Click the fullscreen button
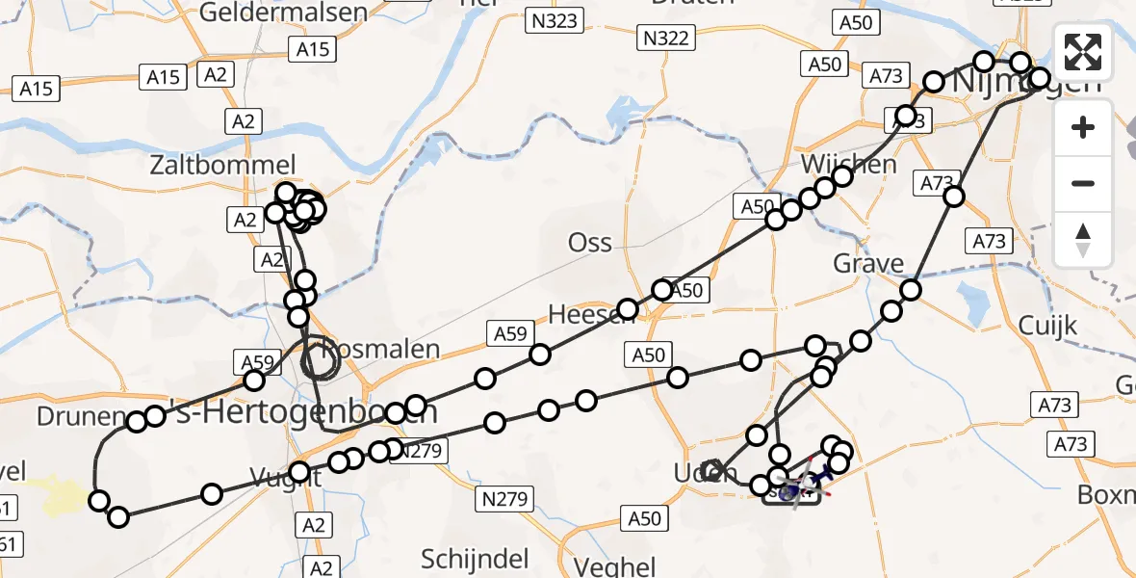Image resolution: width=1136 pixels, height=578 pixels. pyautogui.click(x=1084, y=52)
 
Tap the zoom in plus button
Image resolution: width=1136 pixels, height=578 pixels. pyautogui.click(x=1084, y=127)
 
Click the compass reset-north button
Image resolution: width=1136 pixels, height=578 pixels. pyautogui.click(x=1084, y=240)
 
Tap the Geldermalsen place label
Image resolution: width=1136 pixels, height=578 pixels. pyautogui.click(x=271, y=13)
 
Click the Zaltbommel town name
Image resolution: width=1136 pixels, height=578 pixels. pyautogui.click(x=222, y=165)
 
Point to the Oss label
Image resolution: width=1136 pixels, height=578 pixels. pyautogui.click(x=590, y=242)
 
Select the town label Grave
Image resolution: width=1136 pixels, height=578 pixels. pyautogui.click(x=868, y=264)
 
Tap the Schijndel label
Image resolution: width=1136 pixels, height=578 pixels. pyautogui.click(x=476, y=559)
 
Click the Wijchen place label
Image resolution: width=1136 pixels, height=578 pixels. pyautogui.click(x=847, y=163)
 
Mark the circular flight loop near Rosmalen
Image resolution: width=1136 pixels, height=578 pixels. pyautogui.click(x=321, y=362)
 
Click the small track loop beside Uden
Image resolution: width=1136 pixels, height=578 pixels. pyautogui.click(x=713, y=470)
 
